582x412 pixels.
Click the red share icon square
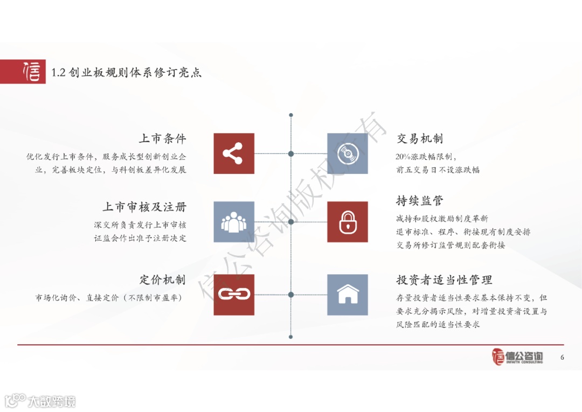pos(234,153)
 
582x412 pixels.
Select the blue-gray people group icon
pos(234,222)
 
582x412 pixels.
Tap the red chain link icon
pos(234,295)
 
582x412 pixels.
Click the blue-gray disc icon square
pos(348,153)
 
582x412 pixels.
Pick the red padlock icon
pos(348,222)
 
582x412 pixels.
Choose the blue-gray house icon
pos(348,295)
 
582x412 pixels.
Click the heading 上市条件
pos(162,138)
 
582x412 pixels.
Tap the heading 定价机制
pos(162,280)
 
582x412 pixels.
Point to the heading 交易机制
pos(420,138)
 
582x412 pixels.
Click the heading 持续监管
pos(420,201)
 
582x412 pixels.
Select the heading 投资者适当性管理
pos(444,280)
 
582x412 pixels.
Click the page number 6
pos(562,358)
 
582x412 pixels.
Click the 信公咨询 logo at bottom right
pos(517,357)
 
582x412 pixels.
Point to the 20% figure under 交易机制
pos(403,157)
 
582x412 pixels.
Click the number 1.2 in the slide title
pos(58,73)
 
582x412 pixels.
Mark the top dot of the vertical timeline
pos(291,115)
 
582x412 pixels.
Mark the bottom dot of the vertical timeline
pos(291,337)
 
